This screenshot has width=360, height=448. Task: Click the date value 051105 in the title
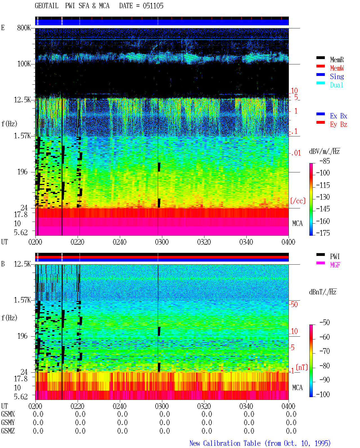153,6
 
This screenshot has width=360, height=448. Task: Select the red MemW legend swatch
320,66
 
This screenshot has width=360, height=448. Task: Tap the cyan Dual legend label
336,85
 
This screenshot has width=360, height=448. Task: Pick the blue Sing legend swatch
320,75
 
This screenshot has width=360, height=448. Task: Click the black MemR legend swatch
320,58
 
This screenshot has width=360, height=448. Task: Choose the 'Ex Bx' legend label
339,116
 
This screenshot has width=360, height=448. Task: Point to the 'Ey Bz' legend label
339,125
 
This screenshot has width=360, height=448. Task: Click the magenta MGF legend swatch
320,263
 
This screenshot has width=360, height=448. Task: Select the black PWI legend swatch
320,255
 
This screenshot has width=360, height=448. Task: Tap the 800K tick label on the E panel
24,28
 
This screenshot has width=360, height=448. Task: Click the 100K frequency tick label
24,64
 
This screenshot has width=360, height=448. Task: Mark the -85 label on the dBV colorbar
325,161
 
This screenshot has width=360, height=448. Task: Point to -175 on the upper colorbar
323,233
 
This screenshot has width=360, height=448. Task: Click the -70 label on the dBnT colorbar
325,351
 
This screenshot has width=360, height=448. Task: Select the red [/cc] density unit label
298,201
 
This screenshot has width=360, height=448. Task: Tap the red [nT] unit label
302,367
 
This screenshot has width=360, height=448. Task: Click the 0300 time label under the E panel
162,242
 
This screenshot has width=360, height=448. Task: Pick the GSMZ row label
8,431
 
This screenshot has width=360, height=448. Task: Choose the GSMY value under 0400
291,422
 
